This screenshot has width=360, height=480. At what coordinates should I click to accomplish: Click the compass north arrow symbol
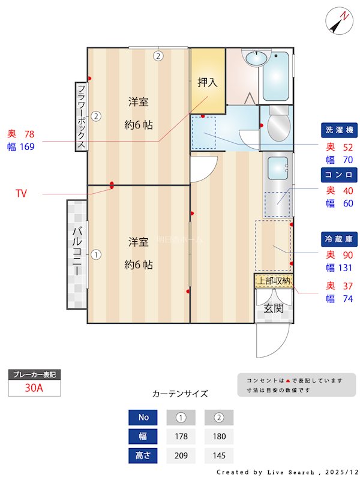339,21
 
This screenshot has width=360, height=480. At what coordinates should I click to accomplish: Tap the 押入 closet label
207,82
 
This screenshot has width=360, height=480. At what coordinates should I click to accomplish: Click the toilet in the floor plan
278,124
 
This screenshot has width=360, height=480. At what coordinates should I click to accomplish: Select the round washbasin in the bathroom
256,58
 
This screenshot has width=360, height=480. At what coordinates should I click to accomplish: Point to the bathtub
275,76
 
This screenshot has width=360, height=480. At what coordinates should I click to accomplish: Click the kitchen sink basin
278,168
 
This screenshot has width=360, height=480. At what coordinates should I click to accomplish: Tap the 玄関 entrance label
274,308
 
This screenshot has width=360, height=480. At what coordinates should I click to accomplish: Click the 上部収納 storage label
274,281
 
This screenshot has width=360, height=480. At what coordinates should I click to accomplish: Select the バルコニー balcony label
77,251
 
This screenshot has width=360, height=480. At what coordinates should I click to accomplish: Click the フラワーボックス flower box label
81,116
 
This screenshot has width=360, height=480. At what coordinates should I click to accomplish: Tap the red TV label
21,193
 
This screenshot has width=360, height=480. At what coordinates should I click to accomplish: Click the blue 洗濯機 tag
339,130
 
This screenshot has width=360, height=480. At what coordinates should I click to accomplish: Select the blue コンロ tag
339,175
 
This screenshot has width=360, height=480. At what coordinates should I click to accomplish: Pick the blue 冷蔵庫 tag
339,239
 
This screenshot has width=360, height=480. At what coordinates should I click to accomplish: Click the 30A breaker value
34,388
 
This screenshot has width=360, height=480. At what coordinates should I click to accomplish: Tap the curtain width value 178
181,436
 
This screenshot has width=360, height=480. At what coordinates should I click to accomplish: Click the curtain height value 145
219,455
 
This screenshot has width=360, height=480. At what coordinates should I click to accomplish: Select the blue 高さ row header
143,455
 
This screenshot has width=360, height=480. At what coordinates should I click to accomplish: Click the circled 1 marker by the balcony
96,254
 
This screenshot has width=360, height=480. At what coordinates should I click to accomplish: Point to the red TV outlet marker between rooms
112,185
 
